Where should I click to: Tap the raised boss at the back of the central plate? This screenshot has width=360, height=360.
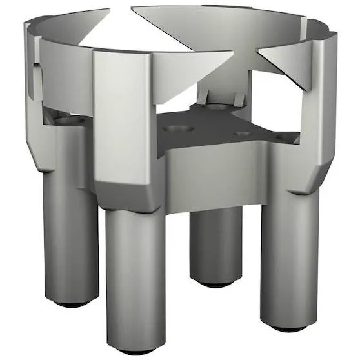tap(219, 100)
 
